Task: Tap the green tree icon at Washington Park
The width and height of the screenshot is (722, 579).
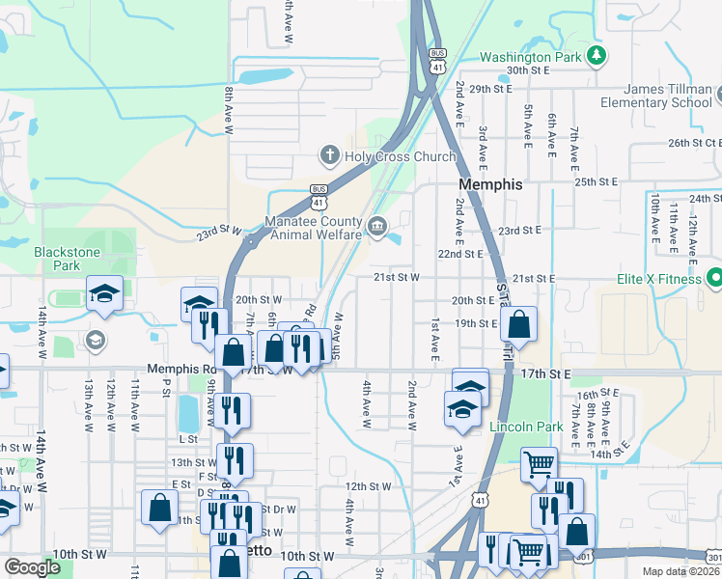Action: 598,56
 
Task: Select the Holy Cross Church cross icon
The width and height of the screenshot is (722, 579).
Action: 329,156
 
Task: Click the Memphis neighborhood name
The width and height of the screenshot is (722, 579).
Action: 490,184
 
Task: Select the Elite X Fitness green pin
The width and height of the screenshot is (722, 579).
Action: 715,278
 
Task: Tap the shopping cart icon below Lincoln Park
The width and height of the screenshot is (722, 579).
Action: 539,465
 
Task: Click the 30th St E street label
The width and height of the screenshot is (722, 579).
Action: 528,70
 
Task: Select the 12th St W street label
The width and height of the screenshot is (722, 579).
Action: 369,486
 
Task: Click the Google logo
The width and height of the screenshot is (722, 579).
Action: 32,566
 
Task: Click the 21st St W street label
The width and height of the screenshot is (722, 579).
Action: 397,277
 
